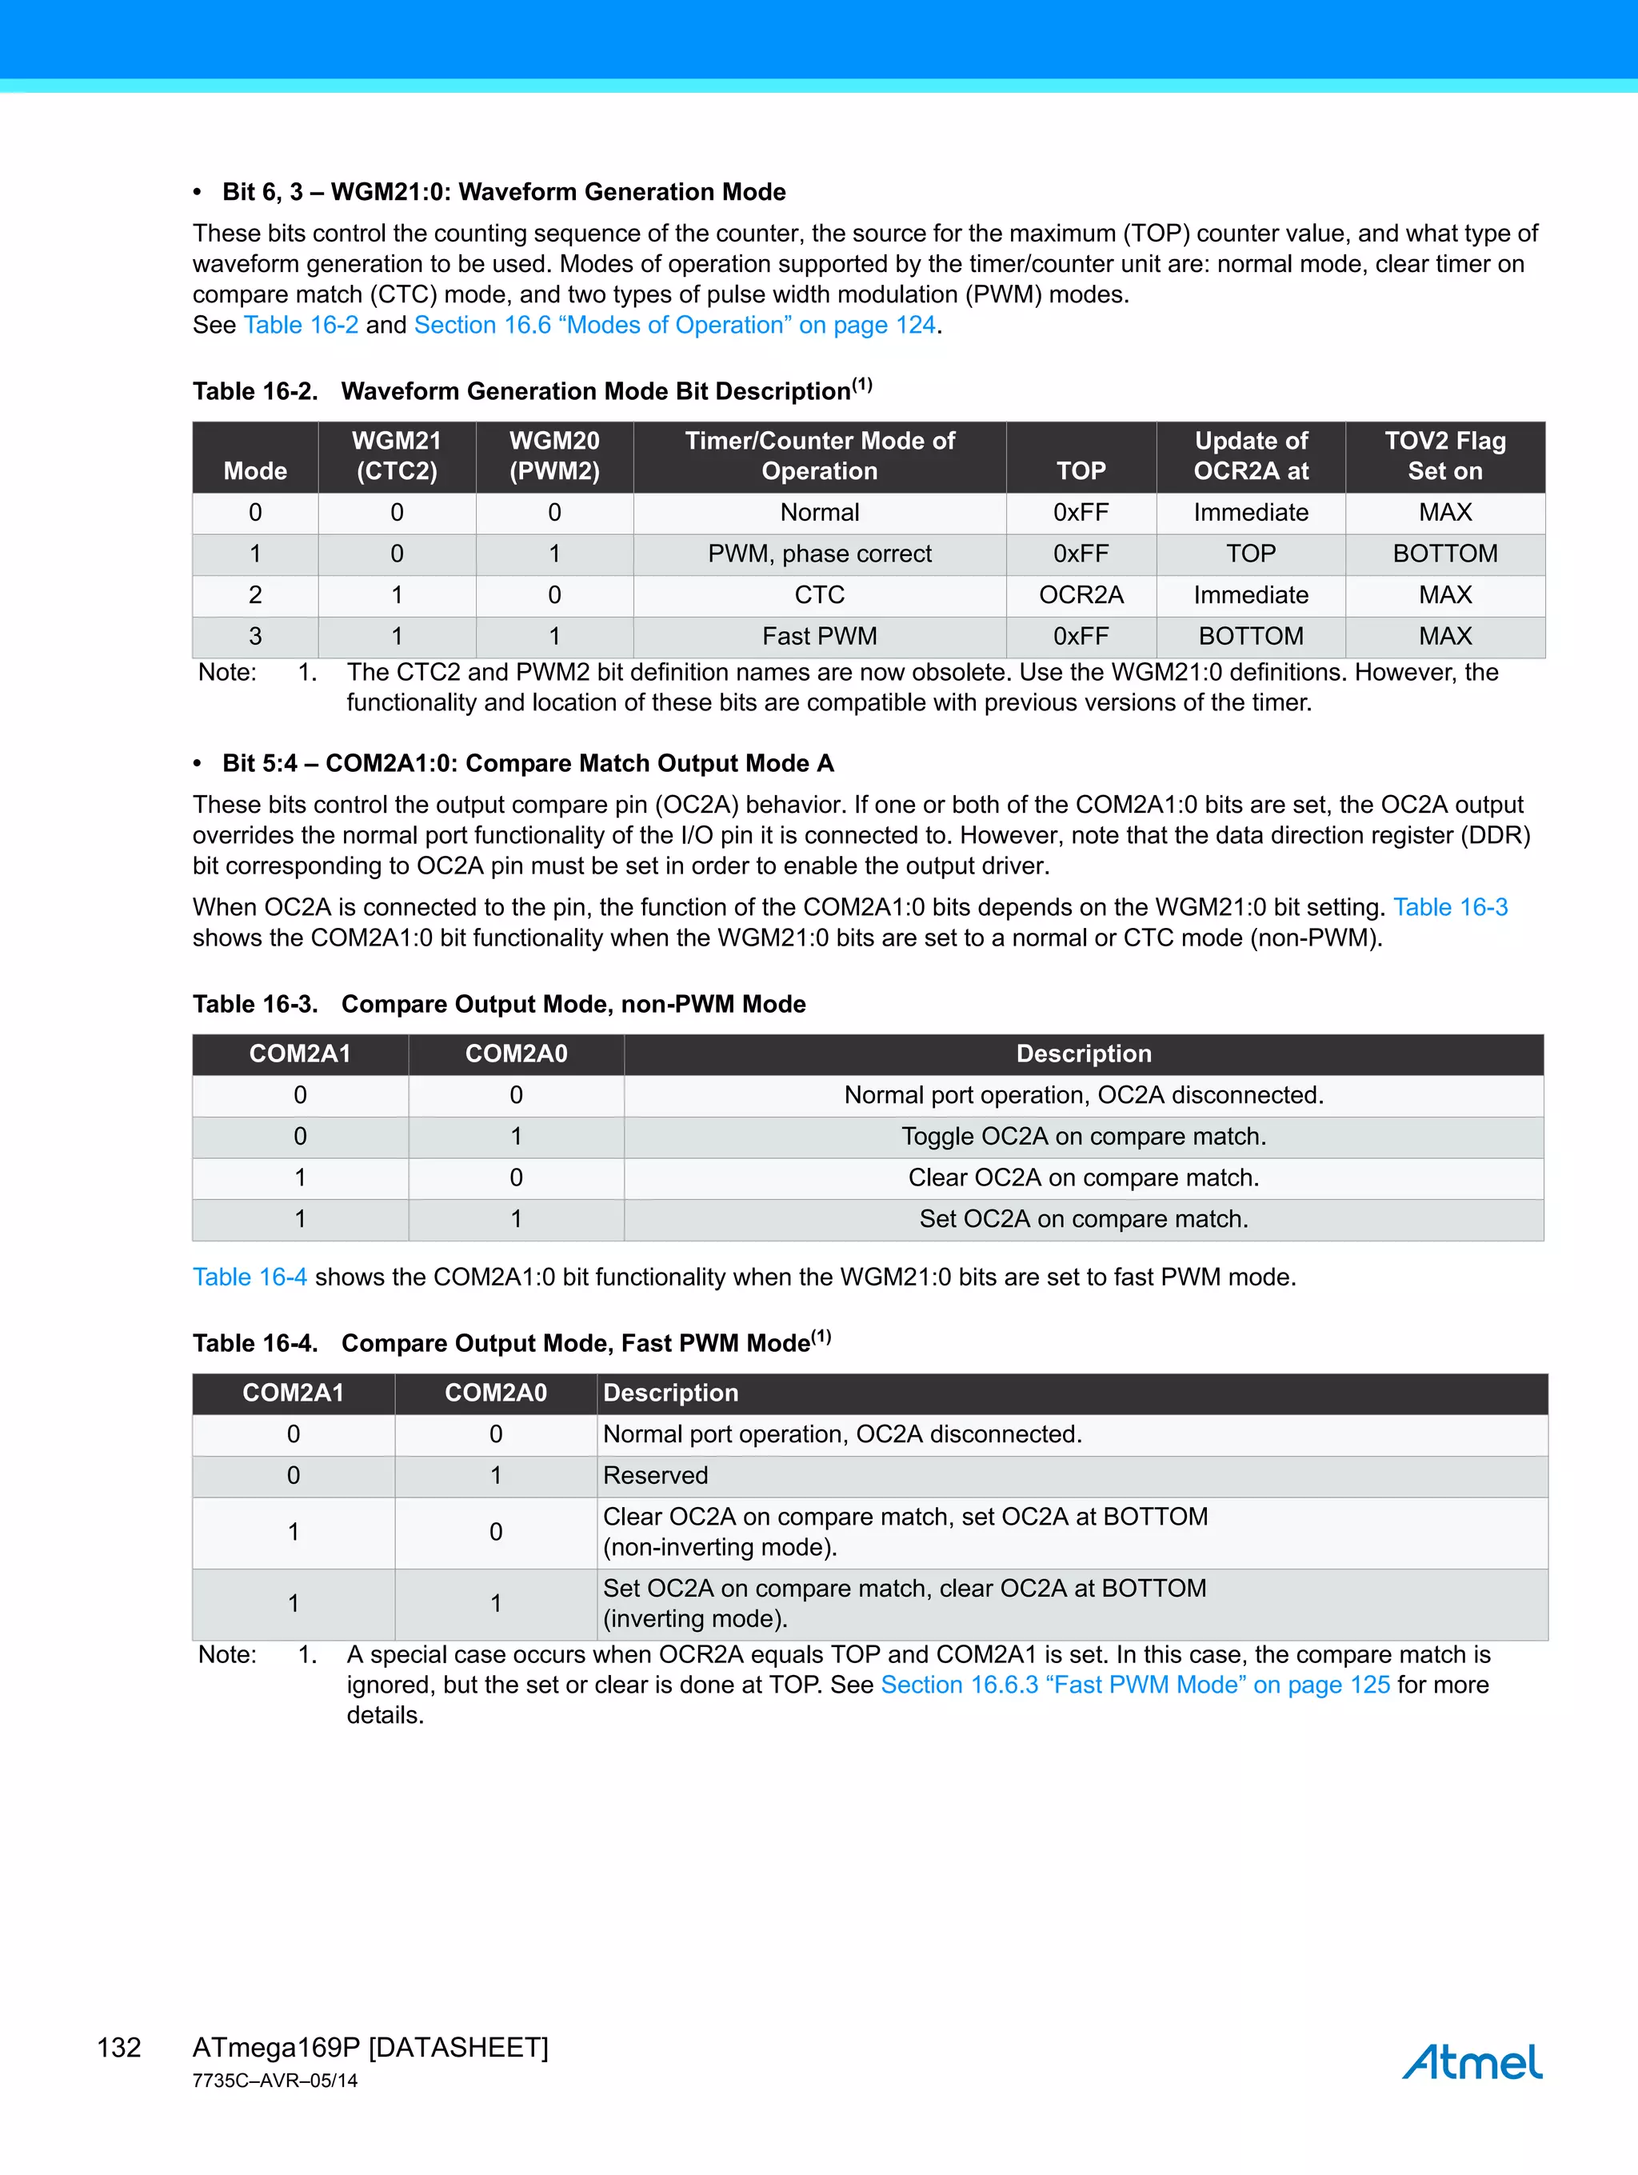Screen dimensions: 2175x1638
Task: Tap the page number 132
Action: click(x=119, y=2047)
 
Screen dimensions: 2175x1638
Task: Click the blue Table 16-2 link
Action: click(x=301, y=325)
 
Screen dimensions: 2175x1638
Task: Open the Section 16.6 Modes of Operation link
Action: click(x=674, y=325)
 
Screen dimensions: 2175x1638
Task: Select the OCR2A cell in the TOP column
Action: click(x=1081, y=595)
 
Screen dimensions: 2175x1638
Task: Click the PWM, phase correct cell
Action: click(x=819, y=554)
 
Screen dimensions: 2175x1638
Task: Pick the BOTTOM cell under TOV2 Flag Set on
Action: click(x=1444, y=554)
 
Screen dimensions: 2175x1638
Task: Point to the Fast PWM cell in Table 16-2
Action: click(x=819, y=636)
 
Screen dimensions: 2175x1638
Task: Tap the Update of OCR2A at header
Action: click(x=1251, y=456)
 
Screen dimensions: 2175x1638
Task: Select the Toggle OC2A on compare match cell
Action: click(x=1084, y=1137)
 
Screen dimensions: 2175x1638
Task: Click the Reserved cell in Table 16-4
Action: click(x=656, y=1475)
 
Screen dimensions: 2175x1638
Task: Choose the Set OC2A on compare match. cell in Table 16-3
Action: click(x=1084, y=1219)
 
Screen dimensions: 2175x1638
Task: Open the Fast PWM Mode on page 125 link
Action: click(x=1135, y=1685)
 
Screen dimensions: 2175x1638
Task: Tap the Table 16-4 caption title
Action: click(x=511, y=1343)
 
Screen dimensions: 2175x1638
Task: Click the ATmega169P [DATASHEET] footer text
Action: click(x=370, y=2047)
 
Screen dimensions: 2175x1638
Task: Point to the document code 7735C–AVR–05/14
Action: click(x=275, y=2081)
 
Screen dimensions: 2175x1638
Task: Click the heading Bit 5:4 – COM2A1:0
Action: click(x=528, y=763)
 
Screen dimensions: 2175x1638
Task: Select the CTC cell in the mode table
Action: click(x=819, y=595)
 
